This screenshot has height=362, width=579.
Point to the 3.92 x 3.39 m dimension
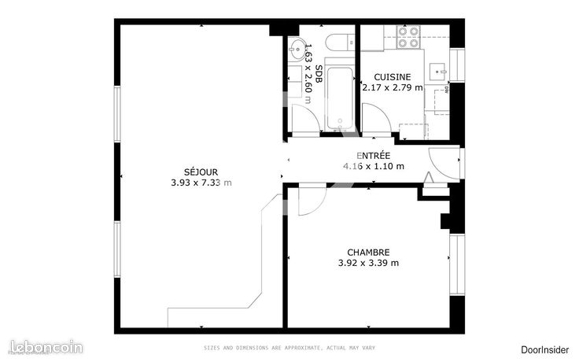pos(368,263)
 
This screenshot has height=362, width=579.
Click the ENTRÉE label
pos(373,155)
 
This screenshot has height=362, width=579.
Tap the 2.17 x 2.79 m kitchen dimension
pos(391,87)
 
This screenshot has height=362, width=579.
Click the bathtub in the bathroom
pos(340,98)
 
